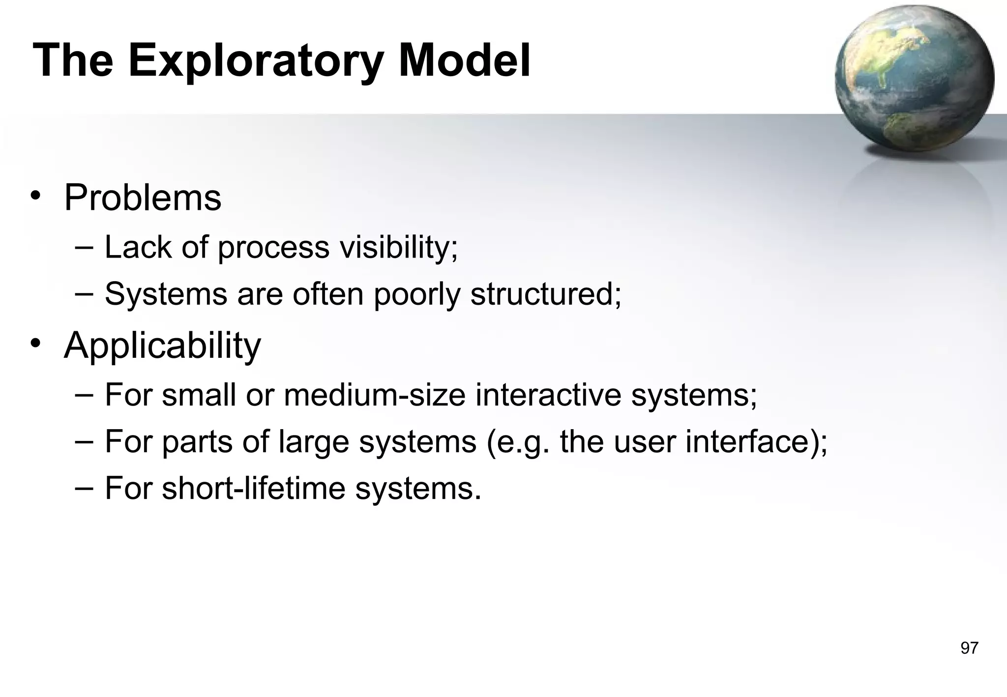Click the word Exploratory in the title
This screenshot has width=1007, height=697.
tap(256, 61)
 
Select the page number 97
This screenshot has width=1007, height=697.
tap(969, 648)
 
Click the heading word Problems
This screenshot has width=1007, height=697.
tap(143, 198)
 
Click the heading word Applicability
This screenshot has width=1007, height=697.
tap(162, 346)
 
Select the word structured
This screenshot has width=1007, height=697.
tap(546, 294)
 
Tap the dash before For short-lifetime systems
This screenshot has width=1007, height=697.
tap(85, 488)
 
